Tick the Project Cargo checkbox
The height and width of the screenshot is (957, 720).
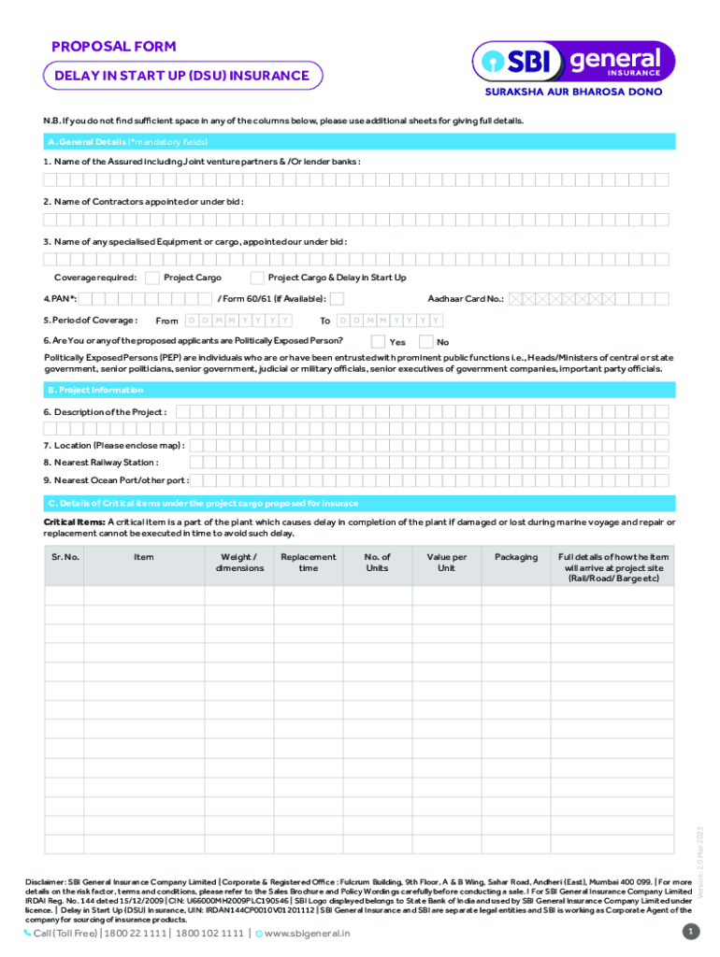[x=151, y=278]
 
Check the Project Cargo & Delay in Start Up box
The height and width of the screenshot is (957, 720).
[x=256, y=278]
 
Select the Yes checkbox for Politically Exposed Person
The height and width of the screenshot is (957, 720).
[x=378, y=341]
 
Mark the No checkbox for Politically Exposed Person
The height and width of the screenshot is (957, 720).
[x=426, y=341]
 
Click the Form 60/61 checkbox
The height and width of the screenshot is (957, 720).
[x=338, y=298]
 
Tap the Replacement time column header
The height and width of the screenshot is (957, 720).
[x=308, y=562]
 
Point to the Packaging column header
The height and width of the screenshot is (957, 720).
[x=516, y=557]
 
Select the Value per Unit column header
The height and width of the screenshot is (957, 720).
[x=446, y=562]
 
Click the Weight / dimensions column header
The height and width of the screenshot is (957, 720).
[x=239, y=562]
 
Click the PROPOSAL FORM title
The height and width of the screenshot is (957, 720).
[x=113, y=47]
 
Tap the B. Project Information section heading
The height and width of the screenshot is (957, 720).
[x=95, y=390]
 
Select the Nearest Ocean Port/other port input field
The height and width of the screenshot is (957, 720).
[x=430, y=480]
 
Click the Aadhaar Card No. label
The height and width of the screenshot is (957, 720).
[x=466, y=299]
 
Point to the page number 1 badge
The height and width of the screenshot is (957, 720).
[x=690, y=932]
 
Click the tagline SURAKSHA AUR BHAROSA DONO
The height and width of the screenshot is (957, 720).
[x=572, y=93]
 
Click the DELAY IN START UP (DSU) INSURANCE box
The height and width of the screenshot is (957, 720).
[x=182, y=76]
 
